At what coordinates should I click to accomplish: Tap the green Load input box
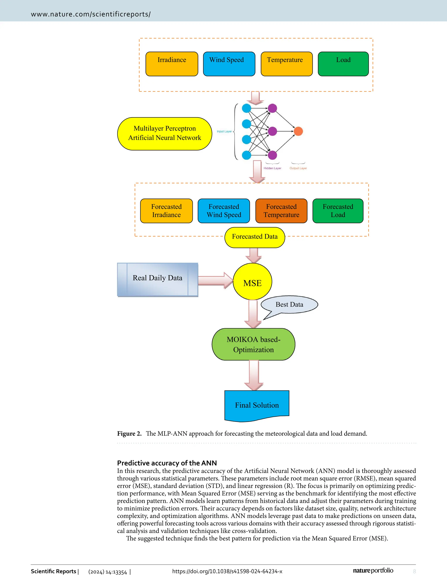coord(343,64)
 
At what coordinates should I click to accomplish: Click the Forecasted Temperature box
coord(281,211)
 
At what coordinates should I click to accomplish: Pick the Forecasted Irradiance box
coord(166,211)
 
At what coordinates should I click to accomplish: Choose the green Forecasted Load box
coord(338,211)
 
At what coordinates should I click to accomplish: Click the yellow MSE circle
coord(252,282)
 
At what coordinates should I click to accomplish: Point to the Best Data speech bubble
coord(289,305)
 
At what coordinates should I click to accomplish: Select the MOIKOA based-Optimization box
coord(253,344)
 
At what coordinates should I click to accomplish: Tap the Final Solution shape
coord(257,405)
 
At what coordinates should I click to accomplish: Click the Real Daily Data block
coord(158,279)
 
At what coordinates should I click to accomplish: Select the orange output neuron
coord(298,131)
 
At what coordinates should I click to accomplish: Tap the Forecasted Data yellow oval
coord(255,237)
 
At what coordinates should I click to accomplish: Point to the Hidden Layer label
coord(272,168)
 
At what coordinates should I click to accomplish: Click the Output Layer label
coord(298,168)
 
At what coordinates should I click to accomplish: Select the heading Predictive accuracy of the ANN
coord(167,463)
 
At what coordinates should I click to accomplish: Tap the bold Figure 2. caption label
coord(129,434)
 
